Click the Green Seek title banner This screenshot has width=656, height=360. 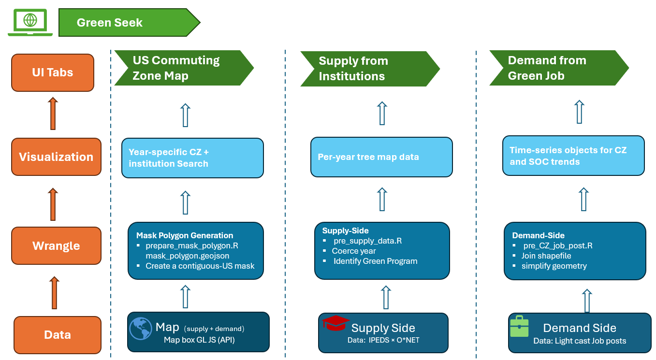tap(128, 22)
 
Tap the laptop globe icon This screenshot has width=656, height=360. tap(30, 21)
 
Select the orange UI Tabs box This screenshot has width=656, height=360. tap(53, 72)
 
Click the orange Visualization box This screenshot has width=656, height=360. tap(56, 157)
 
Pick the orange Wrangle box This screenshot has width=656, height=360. tap(56, 245)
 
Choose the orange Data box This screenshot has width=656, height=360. tap(58, 334)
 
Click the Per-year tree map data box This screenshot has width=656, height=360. tap(381, 157)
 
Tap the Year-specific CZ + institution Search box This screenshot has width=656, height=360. tap(192, 158)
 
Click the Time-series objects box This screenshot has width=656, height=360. tap(573, 156)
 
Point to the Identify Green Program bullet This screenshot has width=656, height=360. tap(375, 261)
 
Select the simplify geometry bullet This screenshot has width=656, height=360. tap(554, 266)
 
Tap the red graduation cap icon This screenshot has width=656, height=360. tap(335, 323)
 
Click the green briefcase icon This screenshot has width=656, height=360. tap(520, 327)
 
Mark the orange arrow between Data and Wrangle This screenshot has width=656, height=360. tap(54, 292)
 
